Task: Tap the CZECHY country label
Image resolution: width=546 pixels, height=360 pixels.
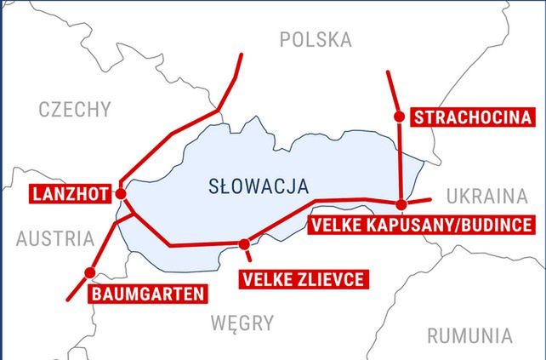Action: pyautogui.click(x=75, y=109)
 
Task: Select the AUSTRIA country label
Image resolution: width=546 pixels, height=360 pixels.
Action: pyautogui.click(x=54, y=239)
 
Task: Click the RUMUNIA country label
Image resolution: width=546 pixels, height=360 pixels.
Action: pyautogui.click(x=469, y=335)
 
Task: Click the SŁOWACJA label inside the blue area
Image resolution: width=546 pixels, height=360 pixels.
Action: pyautogui.click(x=259, y=186)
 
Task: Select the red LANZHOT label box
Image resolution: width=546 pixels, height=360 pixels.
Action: pyautogui.click(x=69, y=194)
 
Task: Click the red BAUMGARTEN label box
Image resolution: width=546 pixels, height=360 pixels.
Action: pyautogui.click(x=147, y=294)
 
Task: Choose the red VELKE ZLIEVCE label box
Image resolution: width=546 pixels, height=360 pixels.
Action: pyautogui.click(x=303, y=278)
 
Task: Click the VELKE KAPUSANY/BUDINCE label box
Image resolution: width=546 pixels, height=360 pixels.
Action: pyautogui.click(x=420, y=225)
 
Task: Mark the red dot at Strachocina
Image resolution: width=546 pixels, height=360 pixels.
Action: pyautogui.click(x=398, y=117)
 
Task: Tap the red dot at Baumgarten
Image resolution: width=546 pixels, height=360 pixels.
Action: pyautogui.click(x=88, y=272)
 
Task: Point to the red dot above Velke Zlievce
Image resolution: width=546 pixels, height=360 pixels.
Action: pyautogui.click(x=245, y=244)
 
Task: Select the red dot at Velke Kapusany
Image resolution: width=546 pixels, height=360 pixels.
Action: pyautogui.click(x=401, y=203)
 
